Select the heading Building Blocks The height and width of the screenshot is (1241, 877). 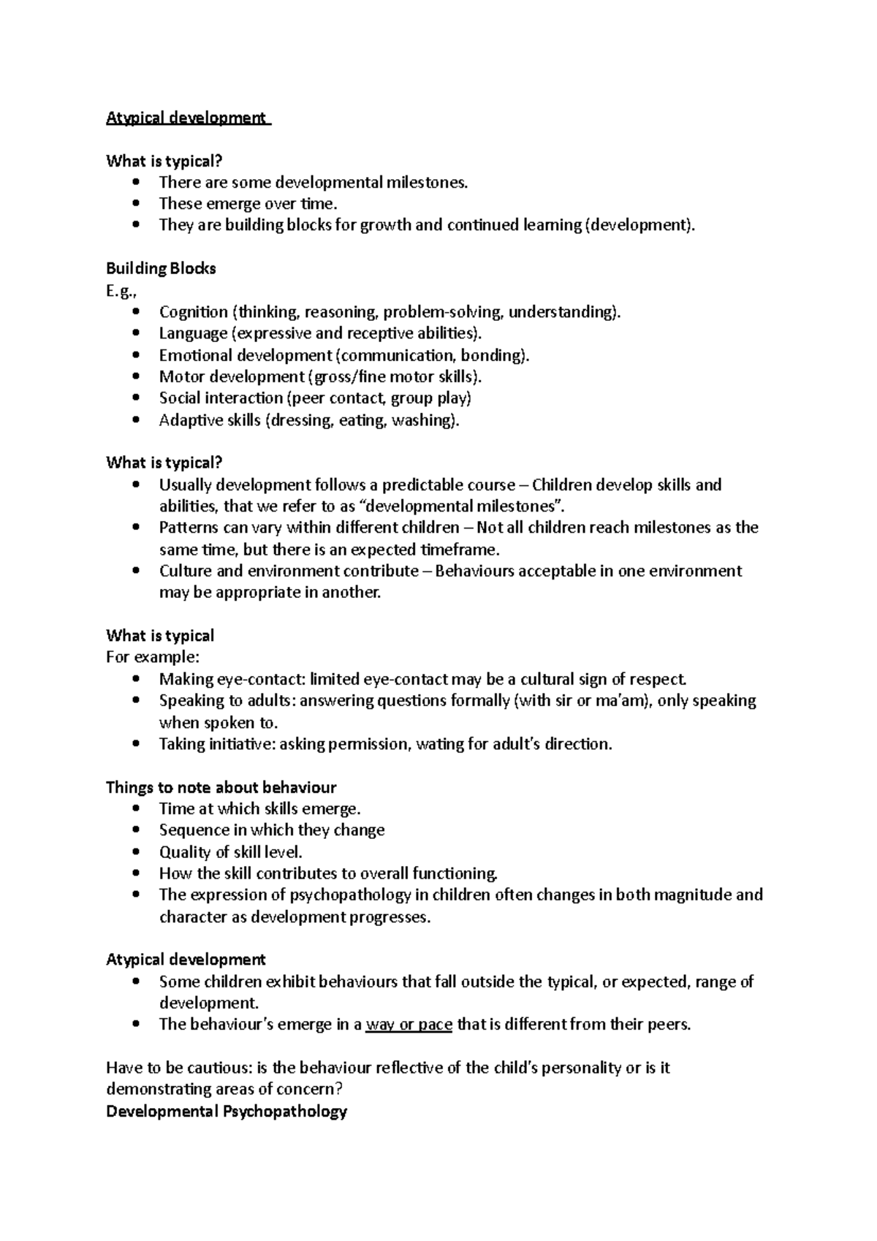(x=161, y=268)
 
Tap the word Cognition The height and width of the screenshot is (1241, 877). (x=193, y=312)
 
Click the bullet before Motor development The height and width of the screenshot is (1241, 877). (x=136, y=377)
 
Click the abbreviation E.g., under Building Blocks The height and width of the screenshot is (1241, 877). (x=121, y=290)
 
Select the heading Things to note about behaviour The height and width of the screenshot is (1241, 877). (x=221, y=787)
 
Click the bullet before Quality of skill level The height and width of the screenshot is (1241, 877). (x=136, y=852)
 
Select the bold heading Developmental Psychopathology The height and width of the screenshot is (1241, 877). (x=226, y=1111)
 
